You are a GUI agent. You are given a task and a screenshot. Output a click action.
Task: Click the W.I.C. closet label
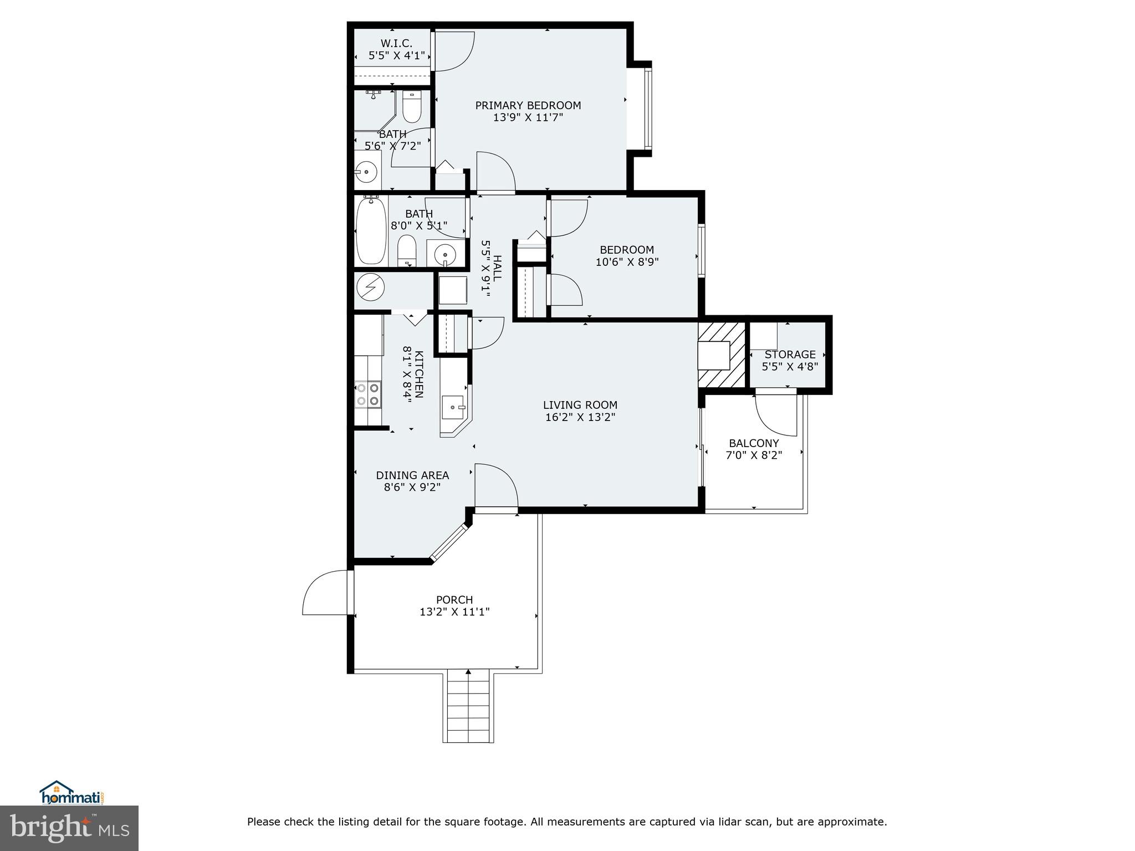396,43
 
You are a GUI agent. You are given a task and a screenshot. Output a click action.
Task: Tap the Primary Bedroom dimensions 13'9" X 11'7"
528,117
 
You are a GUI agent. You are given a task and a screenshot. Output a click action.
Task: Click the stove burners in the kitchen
368,394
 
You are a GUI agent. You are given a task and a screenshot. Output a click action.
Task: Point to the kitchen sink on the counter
453,408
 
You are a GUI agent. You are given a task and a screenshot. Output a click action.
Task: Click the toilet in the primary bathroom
412,107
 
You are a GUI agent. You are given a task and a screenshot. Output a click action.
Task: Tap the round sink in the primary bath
366,172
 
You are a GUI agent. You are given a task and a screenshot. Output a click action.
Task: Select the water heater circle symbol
371,286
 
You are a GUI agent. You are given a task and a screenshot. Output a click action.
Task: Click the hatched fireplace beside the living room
720,355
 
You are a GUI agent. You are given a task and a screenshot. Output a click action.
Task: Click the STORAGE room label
790,355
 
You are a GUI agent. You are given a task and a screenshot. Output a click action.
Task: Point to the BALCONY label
754,443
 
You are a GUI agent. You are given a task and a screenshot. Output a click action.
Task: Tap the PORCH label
454,599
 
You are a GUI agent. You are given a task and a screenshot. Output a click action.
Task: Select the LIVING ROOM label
580,405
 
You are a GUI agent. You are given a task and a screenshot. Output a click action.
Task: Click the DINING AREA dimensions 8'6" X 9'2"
412,488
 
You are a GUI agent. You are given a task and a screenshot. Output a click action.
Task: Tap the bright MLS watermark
69,828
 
